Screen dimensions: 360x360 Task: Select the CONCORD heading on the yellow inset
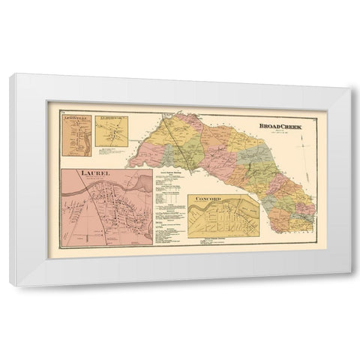[x=205, y=197]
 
